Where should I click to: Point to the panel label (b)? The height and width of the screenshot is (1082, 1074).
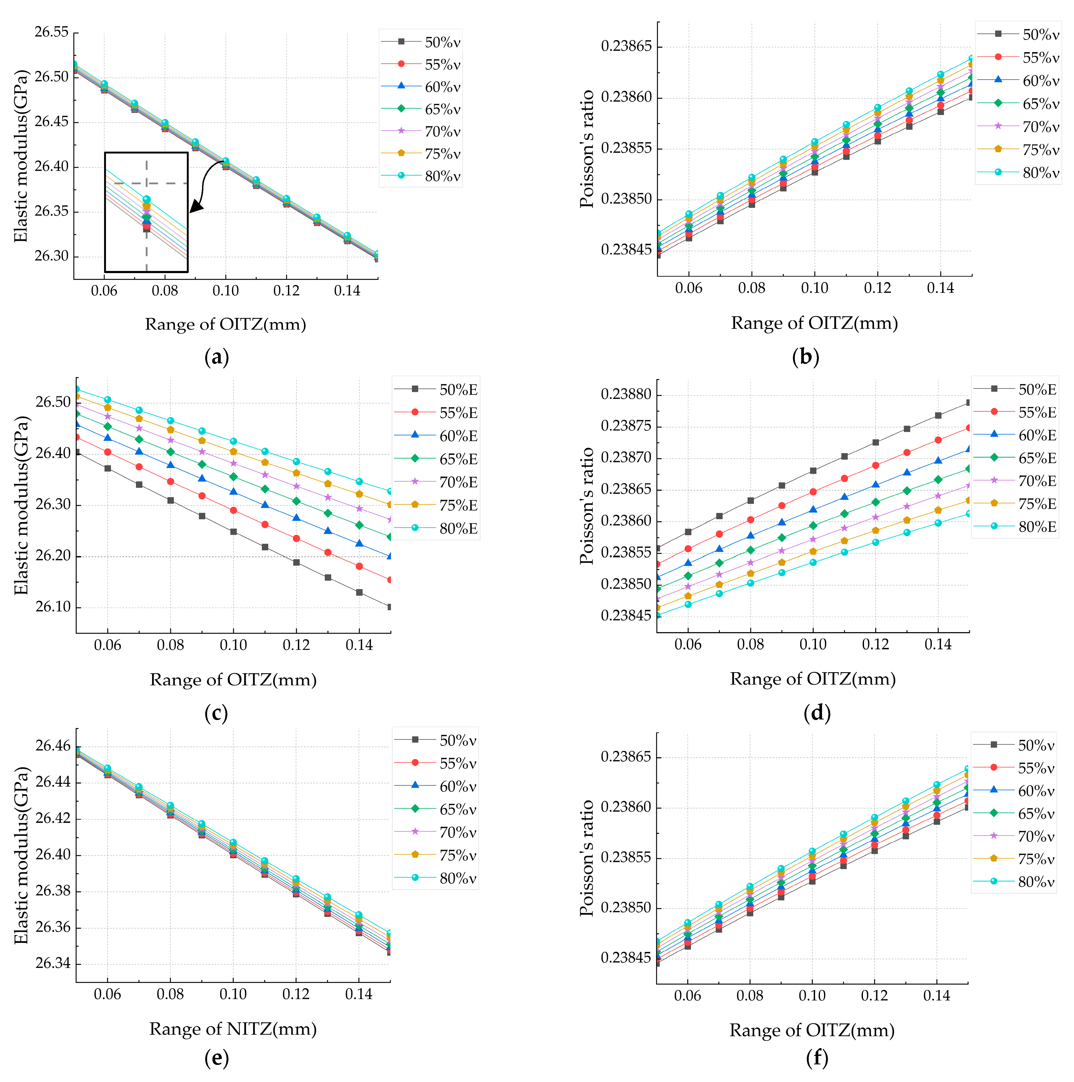(x=806, y=357)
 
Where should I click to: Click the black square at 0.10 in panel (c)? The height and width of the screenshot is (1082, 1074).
(x=234, y=532)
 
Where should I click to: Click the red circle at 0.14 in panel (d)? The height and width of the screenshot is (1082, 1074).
(x=938, y=440)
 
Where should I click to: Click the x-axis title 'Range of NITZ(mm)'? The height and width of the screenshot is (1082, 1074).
(x=233, y=1029)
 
